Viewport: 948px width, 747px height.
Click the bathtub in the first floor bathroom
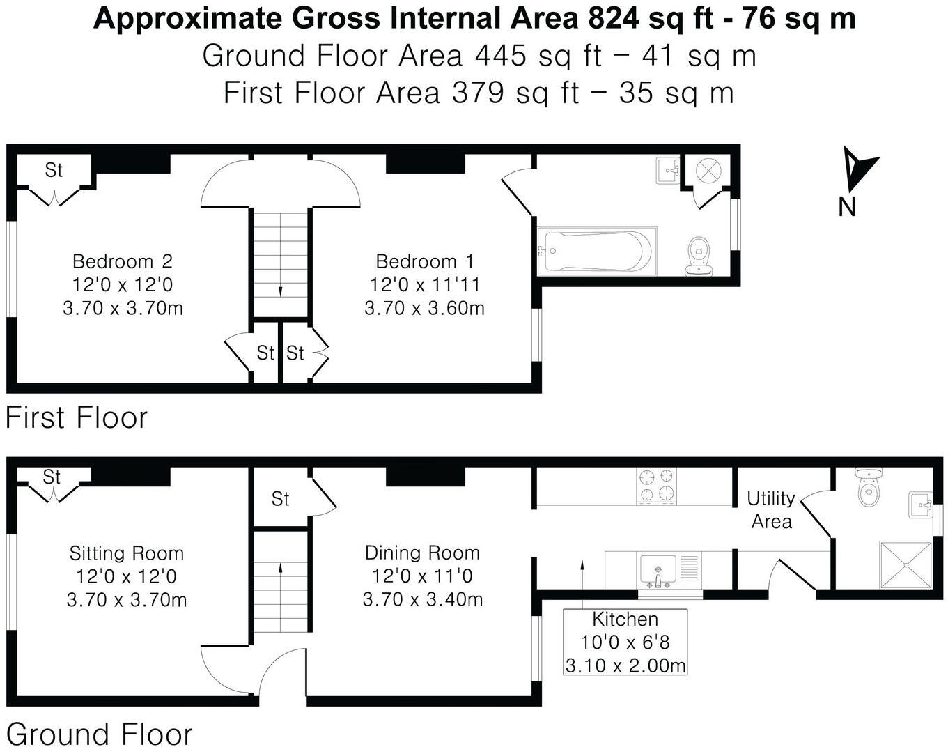tap(596, 251)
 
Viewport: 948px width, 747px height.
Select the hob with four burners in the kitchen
tap(657, 485)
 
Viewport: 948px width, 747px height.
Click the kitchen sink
tap(658, 571)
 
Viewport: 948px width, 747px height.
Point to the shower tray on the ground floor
tap(906, 565)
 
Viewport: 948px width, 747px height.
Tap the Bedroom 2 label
tap(123, 261)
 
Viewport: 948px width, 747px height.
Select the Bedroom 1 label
tap(425, 261)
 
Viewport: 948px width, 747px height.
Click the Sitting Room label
tap(127, 553)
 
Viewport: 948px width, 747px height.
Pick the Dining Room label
tap(423, 553)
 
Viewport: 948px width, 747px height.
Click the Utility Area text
tap(771, 509)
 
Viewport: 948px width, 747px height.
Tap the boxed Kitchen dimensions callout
tap(625, 642)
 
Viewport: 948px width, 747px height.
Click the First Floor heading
tap(77, 418)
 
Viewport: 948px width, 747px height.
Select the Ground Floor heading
tap(99, 734)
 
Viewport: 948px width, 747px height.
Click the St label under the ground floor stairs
tap(280, 499)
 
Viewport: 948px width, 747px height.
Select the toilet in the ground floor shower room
tap(868, 490)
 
